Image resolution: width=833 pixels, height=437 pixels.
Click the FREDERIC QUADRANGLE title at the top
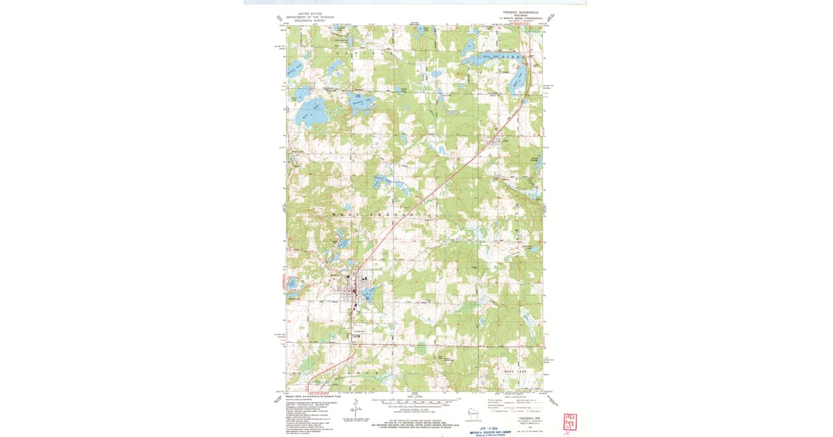520,12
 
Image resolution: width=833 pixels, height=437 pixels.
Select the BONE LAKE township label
515,372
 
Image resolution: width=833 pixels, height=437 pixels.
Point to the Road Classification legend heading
519,396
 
